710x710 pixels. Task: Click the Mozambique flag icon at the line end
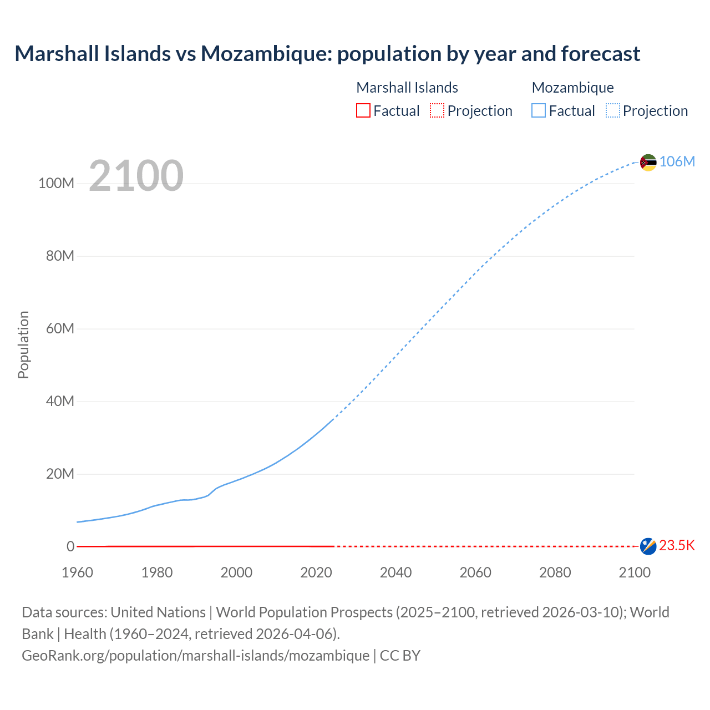point(648,163)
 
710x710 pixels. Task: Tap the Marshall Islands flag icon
point(648,546)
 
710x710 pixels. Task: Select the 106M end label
point(677,161)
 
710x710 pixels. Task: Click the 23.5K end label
point(677,546)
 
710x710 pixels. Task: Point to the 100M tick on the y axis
point(56,184)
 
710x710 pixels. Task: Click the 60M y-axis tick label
point(60,329)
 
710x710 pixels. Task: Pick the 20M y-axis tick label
point(60,474)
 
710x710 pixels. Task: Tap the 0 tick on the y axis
point(70,546)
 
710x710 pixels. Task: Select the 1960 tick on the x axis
point(78,572)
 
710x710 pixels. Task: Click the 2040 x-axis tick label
point(395,572)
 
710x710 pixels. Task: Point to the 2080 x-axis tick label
point(555,572)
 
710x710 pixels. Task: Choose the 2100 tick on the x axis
point(635,572)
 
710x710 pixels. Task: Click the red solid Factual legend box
point(363,111)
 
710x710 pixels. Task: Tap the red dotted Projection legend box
point(437,111)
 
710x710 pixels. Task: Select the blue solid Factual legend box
point(539,111)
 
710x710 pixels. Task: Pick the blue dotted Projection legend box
point(613,111)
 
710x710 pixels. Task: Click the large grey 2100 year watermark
point(136,176)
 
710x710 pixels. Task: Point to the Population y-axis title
point(23,344)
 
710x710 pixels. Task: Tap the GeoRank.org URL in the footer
point(195,656)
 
